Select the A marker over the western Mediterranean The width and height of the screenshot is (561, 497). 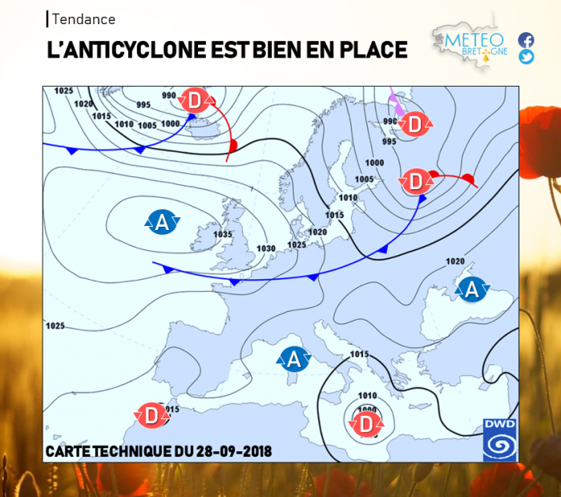[294, 358]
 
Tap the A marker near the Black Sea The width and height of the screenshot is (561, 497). [472, 289]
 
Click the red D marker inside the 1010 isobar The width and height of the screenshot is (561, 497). [366, 424]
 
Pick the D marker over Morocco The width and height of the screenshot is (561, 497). [151, 414]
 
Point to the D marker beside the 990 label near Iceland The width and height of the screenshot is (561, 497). [195, 102]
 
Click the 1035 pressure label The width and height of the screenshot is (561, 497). [222, 234]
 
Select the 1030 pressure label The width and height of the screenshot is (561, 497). [266, 248]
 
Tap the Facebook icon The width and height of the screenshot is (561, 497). [526, 39]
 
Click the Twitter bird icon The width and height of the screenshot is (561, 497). [526, 56]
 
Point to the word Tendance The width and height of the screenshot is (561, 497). [83, 19]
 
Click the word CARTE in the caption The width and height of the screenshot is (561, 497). [67, 452]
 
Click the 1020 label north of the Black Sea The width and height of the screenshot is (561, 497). [454, 261]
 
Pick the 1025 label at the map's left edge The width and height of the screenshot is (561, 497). [55, 326]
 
